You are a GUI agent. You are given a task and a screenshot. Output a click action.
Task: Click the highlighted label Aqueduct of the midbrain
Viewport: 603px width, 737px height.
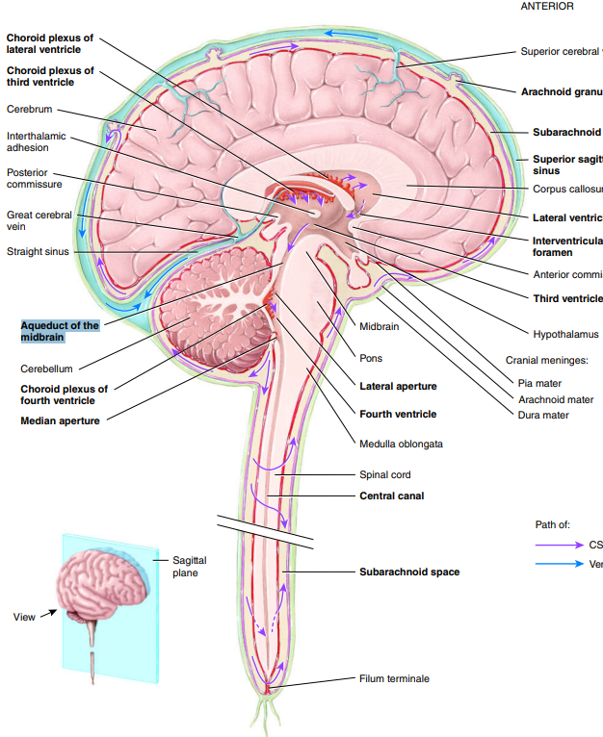60,331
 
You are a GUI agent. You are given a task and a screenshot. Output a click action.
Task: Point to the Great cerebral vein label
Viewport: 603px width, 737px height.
39,220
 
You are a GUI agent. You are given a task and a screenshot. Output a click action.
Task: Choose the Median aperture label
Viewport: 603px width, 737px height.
60,420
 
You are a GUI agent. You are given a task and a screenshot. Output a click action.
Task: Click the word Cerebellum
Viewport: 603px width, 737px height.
46,368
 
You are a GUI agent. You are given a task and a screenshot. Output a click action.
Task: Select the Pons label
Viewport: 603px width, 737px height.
371,358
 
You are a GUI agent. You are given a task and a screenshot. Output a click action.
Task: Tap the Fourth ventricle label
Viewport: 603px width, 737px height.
398,414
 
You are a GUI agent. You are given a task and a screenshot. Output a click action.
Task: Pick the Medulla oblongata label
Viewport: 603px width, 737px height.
401,444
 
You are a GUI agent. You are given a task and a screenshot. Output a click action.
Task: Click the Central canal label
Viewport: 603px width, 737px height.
391,496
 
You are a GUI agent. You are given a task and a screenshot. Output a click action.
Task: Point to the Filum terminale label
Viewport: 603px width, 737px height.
394,678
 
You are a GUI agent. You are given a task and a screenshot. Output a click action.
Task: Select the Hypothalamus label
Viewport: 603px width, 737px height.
565,334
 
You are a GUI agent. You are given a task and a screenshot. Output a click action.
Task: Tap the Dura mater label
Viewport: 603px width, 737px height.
543,415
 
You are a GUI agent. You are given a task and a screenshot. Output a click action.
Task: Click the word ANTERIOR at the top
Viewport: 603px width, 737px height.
546,6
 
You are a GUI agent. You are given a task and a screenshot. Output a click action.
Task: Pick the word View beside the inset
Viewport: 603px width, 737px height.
24,616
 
